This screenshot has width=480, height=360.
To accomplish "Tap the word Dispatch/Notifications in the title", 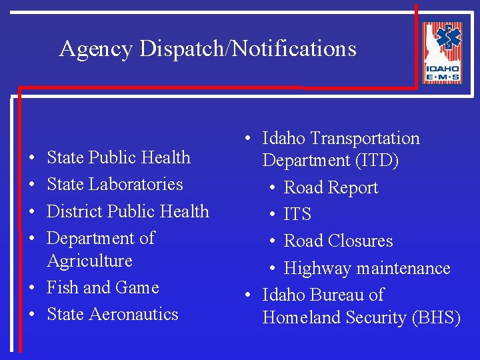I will tap(248, 49).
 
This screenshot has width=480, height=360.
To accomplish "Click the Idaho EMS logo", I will tap(441, 53).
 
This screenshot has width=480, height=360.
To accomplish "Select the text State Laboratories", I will tap(115, 184).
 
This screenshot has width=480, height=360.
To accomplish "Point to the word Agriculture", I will tap(89, 261).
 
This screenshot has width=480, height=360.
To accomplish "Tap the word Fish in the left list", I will tap(62, 287).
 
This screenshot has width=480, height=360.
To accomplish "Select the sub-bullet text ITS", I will tap(297, 214).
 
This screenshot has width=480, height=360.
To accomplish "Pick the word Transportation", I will tap(367, 139).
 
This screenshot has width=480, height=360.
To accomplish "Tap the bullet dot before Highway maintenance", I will tap(273, 269).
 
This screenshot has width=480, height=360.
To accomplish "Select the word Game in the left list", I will tap(137, 287).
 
